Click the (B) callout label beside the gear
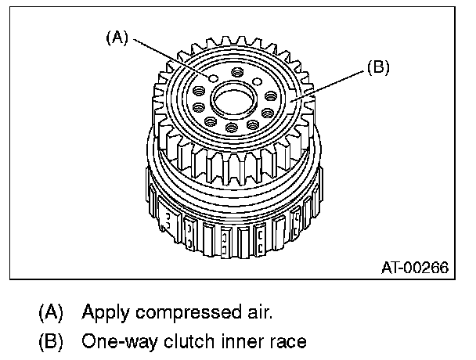tap(377, 69)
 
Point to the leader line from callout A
tap(169, 56)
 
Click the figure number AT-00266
tap(415, 268)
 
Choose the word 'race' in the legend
tap(283, 341)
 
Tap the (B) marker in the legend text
tap(50, 341)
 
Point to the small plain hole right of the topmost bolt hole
tap(257, 81)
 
